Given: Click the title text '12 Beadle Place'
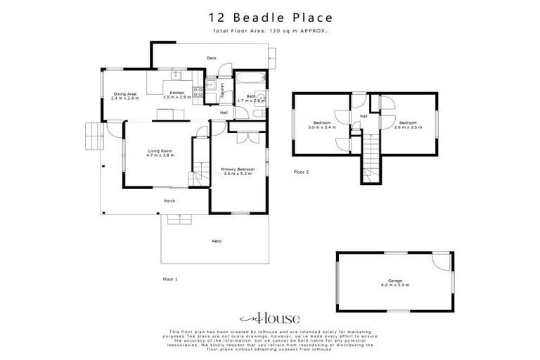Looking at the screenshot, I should click(x=270, y=16).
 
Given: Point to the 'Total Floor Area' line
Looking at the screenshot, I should click(x=270, y=32).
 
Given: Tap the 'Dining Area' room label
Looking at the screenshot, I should click(x=125, y=94).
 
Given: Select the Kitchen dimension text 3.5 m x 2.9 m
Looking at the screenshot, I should click(x=176, y=98).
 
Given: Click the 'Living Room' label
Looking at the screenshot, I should click(x=160, y=150).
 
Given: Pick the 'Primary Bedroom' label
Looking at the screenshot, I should click(x=238, y=169).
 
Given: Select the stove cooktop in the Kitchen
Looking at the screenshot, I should click(x=198, y=89).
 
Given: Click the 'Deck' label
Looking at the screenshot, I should click(x=211, y=58).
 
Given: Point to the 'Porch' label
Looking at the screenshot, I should click(x=169, y=201).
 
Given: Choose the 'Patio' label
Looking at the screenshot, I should click(x=217, y=241).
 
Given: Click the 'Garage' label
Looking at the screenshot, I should click(x=394, y=280).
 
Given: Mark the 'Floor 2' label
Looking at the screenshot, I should click(x=301, y=171).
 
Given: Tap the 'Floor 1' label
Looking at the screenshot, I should click(x=169, y=279).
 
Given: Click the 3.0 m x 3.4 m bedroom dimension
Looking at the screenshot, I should click(x=324, y=127).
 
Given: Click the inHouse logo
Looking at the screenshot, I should click(x=270, y=316).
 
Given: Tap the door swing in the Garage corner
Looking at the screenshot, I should click(x=441, y=261).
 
